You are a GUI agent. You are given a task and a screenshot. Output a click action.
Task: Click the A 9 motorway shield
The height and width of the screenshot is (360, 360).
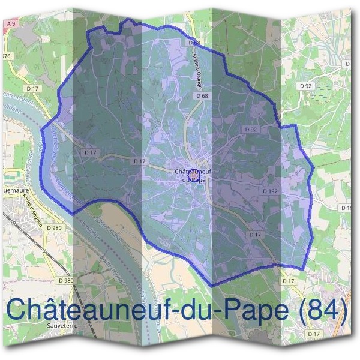click(10, 23)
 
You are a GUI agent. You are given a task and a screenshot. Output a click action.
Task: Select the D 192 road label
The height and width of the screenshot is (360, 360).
click(269, 190)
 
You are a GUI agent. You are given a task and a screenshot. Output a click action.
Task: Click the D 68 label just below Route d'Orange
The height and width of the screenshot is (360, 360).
click(202, 96)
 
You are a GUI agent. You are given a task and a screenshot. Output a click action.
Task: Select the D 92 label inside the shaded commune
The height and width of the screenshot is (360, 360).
click(251, 130)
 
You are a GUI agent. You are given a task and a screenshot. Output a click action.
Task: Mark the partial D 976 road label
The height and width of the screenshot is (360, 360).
click(6, 56)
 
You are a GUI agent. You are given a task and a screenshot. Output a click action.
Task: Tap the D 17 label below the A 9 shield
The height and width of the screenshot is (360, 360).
click(33, 89)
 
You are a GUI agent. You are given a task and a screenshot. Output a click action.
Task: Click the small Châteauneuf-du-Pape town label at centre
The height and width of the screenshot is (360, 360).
click(194, 174)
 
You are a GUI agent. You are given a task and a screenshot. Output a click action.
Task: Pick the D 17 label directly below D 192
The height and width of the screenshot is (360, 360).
click(255, 234)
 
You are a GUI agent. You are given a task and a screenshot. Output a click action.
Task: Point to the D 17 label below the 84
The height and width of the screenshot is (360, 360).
click(313, 333)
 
